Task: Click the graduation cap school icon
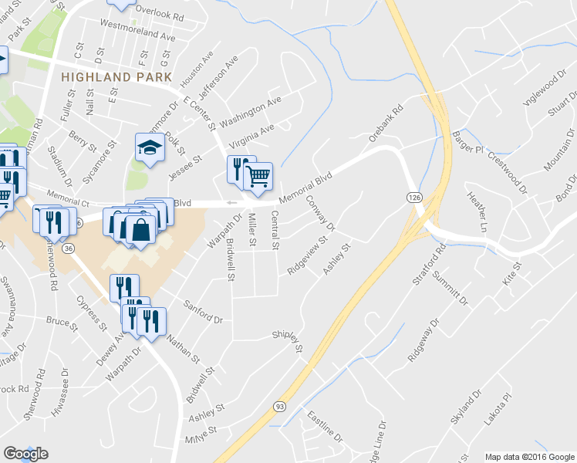[150, 147]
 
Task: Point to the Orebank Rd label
[386, 123]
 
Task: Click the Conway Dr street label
[320, 213]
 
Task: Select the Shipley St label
[289, 340]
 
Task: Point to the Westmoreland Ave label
[139, 35]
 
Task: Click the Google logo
[25, 454]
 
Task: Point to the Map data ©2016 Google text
[529, 457]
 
